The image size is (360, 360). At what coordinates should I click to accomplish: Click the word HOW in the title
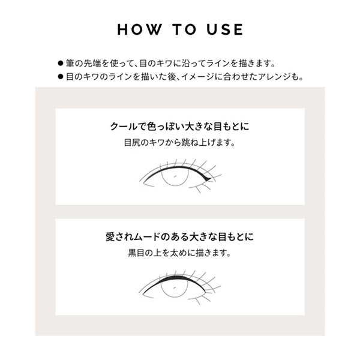click(x=139, y=29)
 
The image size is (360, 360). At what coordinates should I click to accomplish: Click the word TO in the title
click(x=185, y=29)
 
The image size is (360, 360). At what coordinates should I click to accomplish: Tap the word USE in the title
click(x=225, y=29)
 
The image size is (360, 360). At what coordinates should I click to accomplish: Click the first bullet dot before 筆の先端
click(x=61, y=64)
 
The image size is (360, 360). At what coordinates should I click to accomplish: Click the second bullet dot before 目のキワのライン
click(x=61, y=77)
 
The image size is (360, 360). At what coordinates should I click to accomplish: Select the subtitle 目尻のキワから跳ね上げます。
click(x=180, y=143)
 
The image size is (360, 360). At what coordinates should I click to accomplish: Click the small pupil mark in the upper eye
click(x=175, y=176)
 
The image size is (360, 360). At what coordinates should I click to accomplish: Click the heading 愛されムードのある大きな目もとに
click(x=180, y=237)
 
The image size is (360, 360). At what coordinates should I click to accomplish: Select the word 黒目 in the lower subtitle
click(x=136, y=253)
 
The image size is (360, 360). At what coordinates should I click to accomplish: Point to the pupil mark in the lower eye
click(x=175, y=287)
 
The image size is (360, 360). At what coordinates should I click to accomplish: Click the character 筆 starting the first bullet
click(x=70, y=64)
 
